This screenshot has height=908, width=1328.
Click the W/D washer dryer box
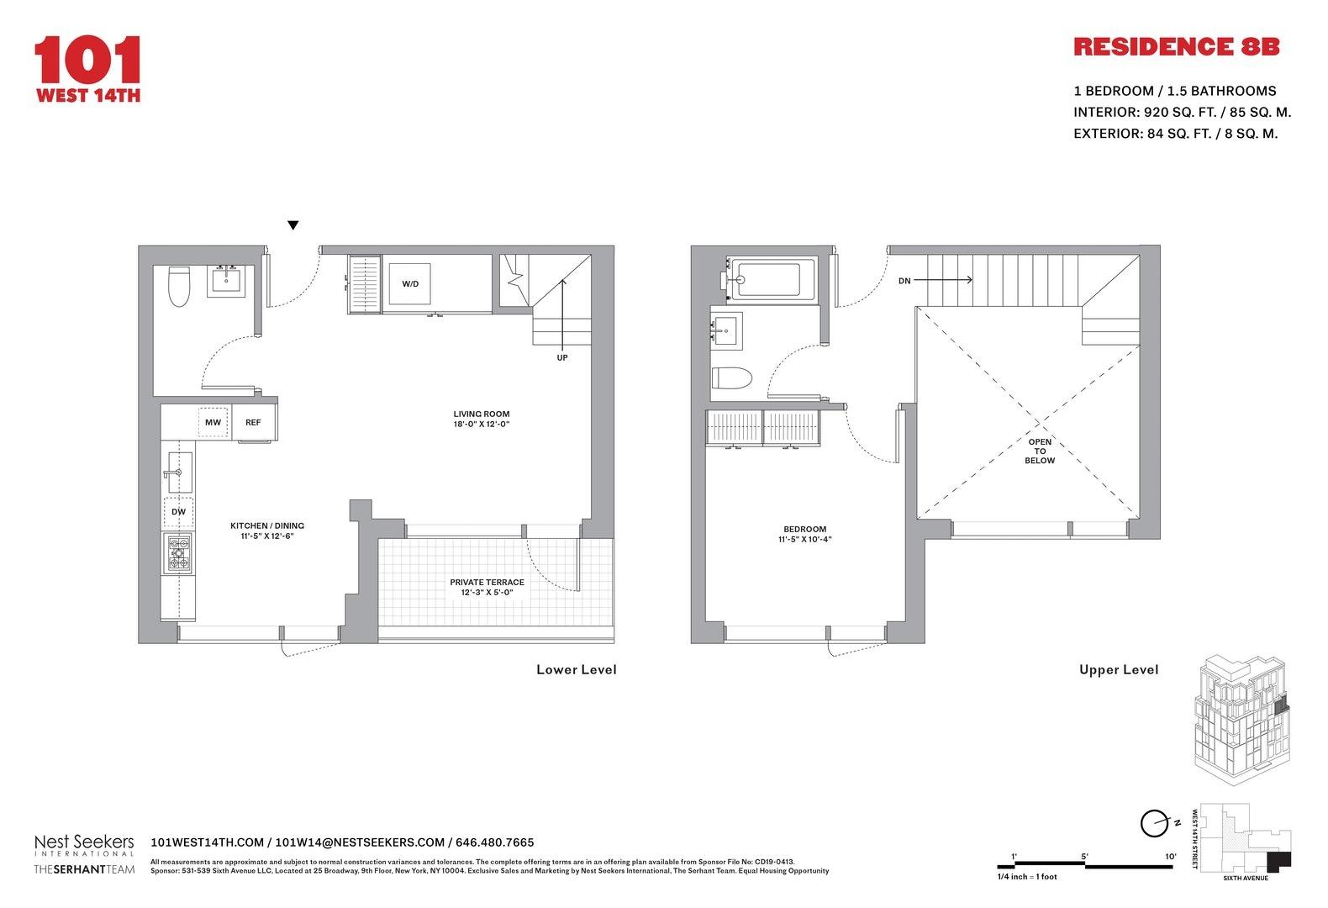[410, 283]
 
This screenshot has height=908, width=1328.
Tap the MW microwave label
[213, 422]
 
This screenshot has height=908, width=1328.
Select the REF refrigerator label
[253, 422]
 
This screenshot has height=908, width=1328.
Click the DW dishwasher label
[178, 511]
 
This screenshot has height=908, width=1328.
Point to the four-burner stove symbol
[178, 553]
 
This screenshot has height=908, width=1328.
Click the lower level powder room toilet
[179, 287]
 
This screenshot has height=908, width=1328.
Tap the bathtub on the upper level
[772, 278]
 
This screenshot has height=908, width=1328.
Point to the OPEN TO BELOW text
[1040, 451]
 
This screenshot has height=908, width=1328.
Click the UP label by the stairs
[562, 357]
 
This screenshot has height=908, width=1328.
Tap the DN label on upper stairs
[904, 281]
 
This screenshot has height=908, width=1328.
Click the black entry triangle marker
[292, 225]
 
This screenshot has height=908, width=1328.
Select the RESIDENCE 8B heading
[1176, 47]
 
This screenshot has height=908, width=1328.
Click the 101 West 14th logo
[87, 69]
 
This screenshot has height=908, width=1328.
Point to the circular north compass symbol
[1153, 824]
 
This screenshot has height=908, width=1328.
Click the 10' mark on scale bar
[1170, 857]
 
